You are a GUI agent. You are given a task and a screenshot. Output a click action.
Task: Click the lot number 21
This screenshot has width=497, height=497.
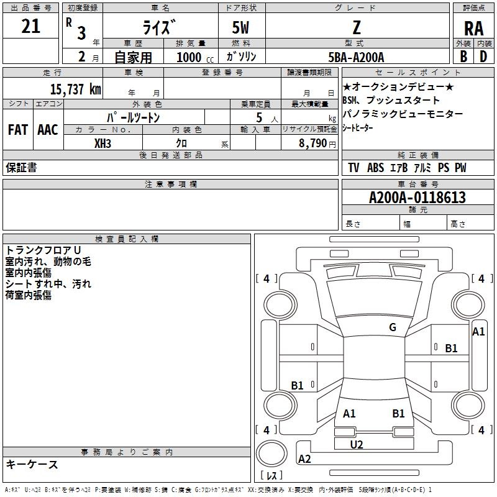click(x=30, y=26)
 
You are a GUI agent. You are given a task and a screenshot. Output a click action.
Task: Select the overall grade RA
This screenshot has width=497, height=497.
click(x=473, y=29)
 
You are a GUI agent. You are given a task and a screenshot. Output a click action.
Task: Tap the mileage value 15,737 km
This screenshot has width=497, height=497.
click(x=76, y=89)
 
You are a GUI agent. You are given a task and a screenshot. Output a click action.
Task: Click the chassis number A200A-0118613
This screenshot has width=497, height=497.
click(x=417, y=198)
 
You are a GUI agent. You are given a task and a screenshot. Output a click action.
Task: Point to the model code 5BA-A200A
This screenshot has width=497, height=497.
click(x=356, y=57)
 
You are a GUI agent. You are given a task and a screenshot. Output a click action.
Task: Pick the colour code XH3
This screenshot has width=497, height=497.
click(x=103, y=144)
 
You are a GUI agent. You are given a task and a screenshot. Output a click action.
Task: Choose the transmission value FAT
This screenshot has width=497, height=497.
click(x=18, y=130)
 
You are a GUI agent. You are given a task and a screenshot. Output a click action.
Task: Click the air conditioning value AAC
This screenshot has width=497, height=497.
click(x=48, y=130)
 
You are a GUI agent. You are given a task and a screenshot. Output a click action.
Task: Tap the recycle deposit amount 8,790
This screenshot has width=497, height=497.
click(x=313, y=144)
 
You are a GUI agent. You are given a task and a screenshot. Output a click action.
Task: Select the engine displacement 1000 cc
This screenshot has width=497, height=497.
click(x=195, y=57)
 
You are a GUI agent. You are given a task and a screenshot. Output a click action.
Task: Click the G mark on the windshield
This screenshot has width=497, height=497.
click(x=393, y=327)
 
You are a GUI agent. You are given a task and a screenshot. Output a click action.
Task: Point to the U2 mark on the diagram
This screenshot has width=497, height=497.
click(x=357, y=445)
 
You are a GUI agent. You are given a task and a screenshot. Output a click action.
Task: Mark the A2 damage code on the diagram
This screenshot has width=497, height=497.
click(x=304, y=458)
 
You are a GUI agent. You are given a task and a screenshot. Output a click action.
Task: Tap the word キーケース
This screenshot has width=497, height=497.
click(x=32, y=464)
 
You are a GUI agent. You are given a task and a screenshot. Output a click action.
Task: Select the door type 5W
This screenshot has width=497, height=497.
click(x=240, y=27)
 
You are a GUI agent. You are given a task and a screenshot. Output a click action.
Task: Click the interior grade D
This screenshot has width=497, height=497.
click(x=483, y=57)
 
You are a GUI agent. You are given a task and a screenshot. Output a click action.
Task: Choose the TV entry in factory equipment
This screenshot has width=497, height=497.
click(x=353, y=167)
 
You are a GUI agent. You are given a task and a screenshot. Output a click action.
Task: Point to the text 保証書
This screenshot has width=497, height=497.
click(x=21, y=168)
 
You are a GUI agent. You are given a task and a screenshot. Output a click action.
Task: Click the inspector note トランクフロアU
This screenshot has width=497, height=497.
click(x=43, y=250)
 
